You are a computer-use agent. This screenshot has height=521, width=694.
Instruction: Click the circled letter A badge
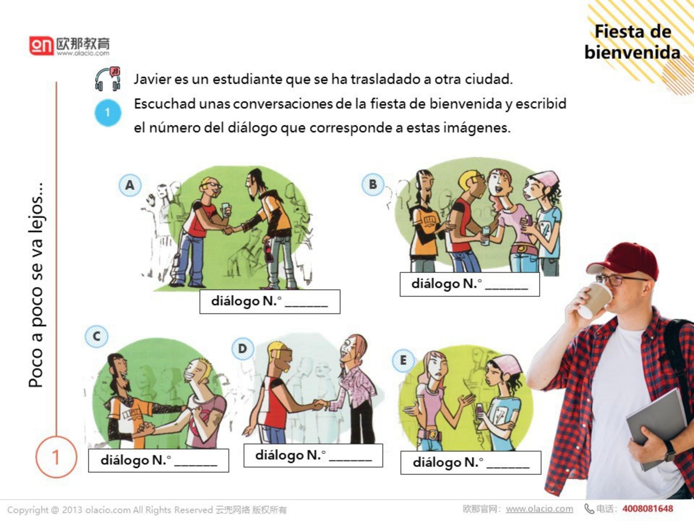click(x=130, y=185)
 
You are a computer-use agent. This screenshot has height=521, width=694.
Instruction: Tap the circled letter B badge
click(x=373, y=184)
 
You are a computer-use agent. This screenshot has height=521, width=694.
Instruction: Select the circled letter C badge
click(x=96, y=336)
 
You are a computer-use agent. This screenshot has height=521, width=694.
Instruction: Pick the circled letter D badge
click(x=243, y=349)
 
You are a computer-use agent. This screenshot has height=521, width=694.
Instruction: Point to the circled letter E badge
click(x=403, y=360)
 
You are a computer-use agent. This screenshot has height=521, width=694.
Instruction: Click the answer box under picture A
click(x=270, y=301)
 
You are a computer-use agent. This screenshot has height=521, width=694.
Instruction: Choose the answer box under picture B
click(x=470, y=284)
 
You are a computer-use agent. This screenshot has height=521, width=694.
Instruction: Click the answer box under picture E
click(x=471, y=462)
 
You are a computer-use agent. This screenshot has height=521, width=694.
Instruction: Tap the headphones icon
click(x=107, y=79)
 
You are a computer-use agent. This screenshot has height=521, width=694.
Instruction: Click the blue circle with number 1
click(x=108, y=113)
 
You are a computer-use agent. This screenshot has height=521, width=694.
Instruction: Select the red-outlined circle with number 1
click(x=56, y=457)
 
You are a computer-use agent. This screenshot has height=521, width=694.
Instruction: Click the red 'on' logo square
click(x=41, y=46)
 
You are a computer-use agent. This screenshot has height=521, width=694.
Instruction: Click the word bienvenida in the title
click(x=632, y=52)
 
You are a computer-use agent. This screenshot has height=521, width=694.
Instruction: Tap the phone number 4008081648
click(x=647, y=509)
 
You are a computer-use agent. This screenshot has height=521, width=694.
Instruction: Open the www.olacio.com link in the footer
click(x=539, y=509)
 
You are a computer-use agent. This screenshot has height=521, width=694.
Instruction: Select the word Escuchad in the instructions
click(x=165, y=104)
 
